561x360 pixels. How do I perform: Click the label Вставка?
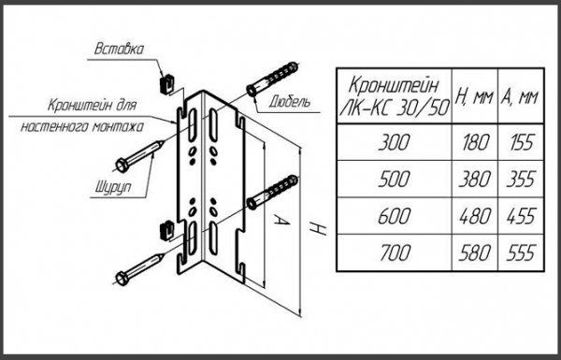click(x=119, y=49)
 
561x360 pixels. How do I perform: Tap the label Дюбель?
click(x=290, y=103)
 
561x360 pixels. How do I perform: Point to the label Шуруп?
click(x=113, y=187)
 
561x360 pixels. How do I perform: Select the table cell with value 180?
click(x=475, y=142)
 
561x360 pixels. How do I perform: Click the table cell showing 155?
click(x=522, y=142)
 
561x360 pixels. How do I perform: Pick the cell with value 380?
click(x=475, y=179)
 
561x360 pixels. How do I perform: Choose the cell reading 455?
click(x=522, y=216)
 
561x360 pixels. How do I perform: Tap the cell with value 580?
click(x=475, y=252)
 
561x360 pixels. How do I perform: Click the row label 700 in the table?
click(x=395, y=252)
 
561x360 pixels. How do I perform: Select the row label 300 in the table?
click(x=395, y=142)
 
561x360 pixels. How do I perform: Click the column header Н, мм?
click(x=474, y=96)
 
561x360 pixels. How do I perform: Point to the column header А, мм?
click(x=520, y=96)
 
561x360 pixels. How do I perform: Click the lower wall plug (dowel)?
click(x=272, y=193)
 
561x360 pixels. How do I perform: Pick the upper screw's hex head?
click(x=122, y=166)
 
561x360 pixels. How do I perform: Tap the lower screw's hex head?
click(x=122, y=279)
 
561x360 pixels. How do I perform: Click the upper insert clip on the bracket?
click(x=166, y=84)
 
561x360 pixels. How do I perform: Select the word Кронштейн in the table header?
click(x=393, y=86)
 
